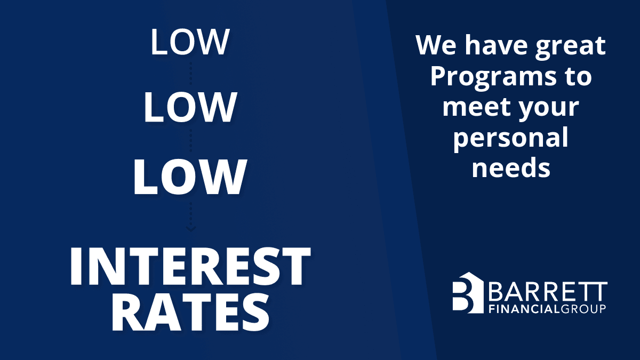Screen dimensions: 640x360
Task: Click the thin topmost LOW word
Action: coord(190,42)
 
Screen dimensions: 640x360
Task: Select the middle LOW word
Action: coord(190,107)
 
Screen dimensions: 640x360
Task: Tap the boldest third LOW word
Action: coord(190,177)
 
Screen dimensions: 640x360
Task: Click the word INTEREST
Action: coord(190,266)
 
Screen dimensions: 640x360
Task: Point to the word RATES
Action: coord(190,313)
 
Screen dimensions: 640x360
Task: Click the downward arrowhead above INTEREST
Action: coord(191,229)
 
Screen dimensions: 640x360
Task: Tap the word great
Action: coord(570,47)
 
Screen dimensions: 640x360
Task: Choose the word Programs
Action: coord(493,78)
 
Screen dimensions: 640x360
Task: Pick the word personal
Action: coord(511,139)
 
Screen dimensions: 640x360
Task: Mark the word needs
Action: coord(511,167)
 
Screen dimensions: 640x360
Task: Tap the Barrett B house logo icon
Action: coord(468,293)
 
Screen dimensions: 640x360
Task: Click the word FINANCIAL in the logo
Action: coord(524,309)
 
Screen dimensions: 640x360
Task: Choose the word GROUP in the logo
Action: coord(582,309)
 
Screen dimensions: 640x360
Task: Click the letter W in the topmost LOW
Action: coord(213,42)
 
